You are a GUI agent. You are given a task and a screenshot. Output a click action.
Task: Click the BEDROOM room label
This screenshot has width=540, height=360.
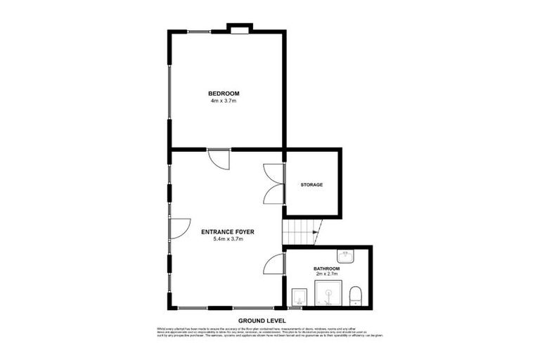[224, 94]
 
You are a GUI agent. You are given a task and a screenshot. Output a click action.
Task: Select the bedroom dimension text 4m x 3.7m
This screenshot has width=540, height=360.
[224, 101]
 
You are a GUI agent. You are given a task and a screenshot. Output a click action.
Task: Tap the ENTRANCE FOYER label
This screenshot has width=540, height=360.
[227, 231]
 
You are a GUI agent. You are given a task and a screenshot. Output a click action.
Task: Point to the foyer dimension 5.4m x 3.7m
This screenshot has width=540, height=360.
[227, 239]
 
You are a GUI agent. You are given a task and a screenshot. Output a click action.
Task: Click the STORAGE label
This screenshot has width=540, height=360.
[311, 185]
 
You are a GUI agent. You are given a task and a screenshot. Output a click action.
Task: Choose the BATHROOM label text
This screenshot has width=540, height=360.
[327, 269]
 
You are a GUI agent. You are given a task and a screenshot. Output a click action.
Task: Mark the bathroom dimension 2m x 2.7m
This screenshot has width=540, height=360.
[327, 275]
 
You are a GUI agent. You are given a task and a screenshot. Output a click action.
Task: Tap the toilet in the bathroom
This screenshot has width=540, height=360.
[356, 295]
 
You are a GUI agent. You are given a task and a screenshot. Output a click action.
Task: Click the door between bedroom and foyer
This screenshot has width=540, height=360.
[220, 159]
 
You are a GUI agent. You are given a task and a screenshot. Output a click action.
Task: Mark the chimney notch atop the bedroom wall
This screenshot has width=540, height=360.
[240, 29]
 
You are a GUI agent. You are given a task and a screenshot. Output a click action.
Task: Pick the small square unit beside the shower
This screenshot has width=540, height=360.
[299, 296]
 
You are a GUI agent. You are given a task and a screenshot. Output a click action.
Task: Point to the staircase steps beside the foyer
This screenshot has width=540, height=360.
[299, 231]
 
